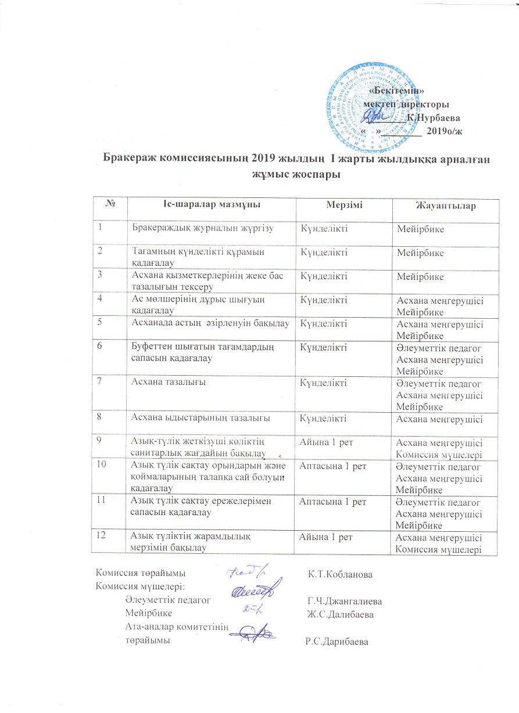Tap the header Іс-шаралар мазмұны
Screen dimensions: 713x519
click(210, 205)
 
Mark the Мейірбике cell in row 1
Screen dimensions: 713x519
click(420, 230)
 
